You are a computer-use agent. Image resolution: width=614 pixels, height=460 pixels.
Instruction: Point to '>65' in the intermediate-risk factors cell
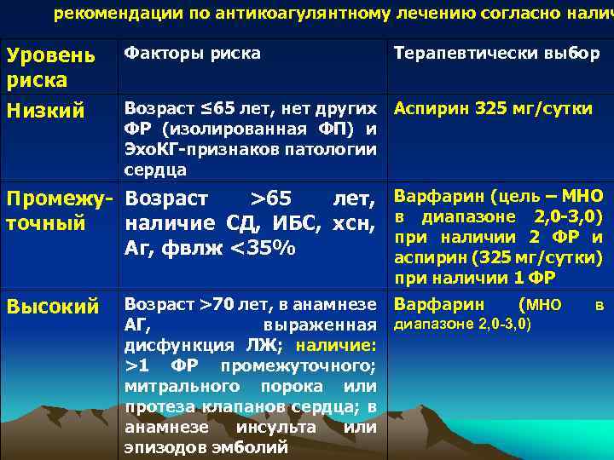pos(270,199)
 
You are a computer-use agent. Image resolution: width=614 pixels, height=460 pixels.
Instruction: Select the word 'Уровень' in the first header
pos(51,56)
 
